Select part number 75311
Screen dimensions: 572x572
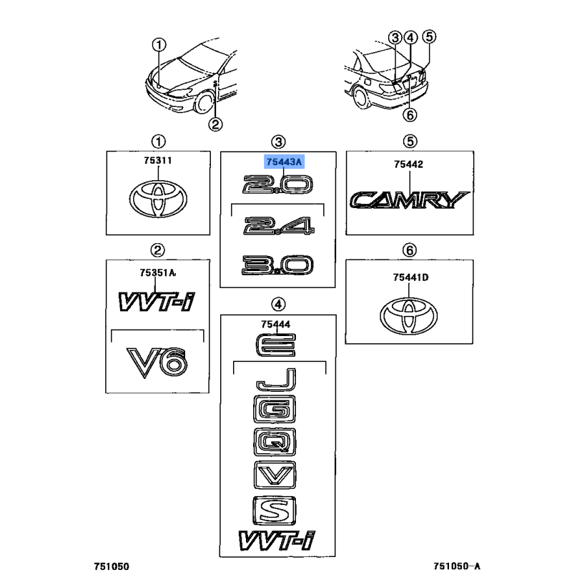[x=158, y=161]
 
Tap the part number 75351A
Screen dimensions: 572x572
[x=157, y=272]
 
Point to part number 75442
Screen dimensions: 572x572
[x=408, y=164]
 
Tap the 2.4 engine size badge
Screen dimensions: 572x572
[x=278, y=228]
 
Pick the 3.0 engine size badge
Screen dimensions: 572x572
[x=278, y=266]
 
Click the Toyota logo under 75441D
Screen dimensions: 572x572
[x=410, y=315]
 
